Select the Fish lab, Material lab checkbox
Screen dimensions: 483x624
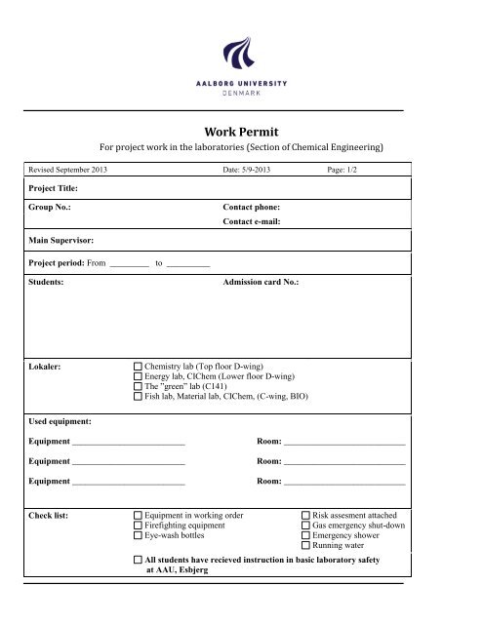(x=138, y=399)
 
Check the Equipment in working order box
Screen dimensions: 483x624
(x=138, y=514)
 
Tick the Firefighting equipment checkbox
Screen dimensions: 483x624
(x=138, y=525)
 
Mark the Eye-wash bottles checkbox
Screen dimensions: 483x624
(x=138, y=535)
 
